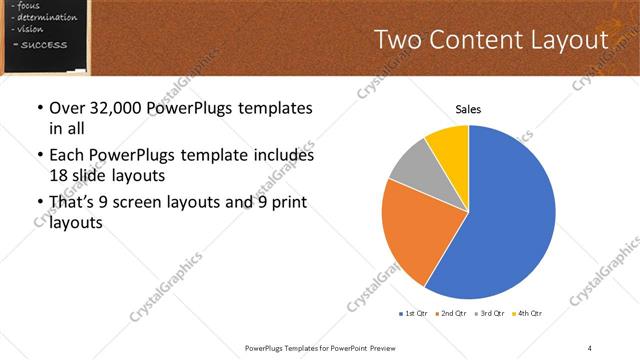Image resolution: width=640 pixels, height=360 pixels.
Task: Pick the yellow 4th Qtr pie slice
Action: pyautogui.click(x=448, y=147)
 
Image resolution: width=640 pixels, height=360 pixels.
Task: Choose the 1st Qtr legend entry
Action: pyautogui.click(x=413, y=315)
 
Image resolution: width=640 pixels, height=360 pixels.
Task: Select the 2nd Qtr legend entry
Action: pyautogui.click(x=452, y=315)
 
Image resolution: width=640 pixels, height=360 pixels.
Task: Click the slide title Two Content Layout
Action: pyautogui.click(x=490, y=40)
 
